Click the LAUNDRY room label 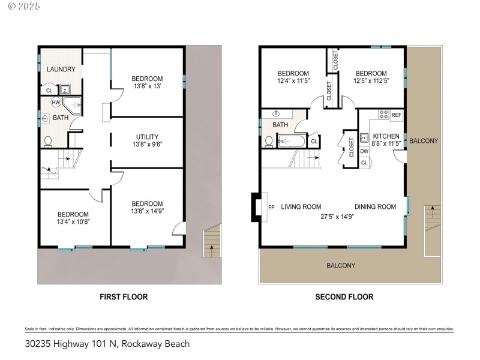pos(60,70)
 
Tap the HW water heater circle pos(55,103)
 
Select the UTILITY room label pos(147,137)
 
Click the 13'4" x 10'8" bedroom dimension pos(73,222)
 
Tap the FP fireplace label pos(271,207)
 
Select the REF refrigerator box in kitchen pos(396,115)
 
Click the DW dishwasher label pos(364,151)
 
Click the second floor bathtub pos(292,142)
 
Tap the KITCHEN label pos(386,136)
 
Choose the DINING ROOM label pos(375,207)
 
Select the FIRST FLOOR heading pos(123,296)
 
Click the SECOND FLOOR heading pos(344,296)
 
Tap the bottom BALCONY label pos(341,265)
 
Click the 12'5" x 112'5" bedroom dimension pos(372,80)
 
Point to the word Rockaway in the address pos(142,344)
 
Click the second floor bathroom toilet pos(269,142)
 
